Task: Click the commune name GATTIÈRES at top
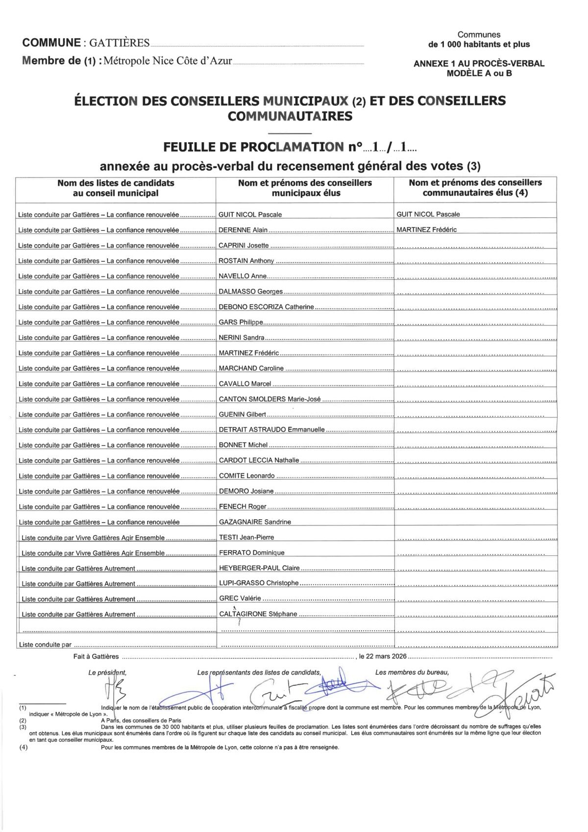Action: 119,43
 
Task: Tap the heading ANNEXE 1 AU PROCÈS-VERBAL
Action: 479,64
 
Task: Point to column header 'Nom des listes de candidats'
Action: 116,183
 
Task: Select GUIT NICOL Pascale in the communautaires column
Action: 428,214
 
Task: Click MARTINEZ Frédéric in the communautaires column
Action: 426,229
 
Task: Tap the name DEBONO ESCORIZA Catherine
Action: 266,307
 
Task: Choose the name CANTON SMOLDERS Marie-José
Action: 269,399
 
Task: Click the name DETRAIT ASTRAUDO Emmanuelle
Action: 271,429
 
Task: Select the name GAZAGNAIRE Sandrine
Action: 255,522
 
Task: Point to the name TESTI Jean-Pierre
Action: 246,537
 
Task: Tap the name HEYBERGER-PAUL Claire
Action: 259,568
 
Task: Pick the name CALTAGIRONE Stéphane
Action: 258,614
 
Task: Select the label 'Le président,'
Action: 107,673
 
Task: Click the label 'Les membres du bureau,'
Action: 412,672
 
